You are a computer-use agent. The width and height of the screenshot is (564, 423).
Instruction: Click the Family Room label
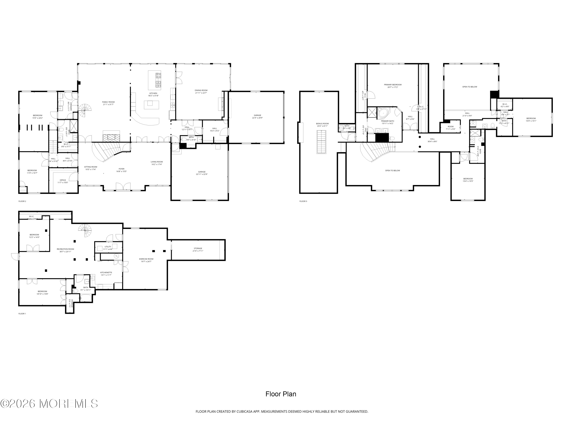coord(108,103)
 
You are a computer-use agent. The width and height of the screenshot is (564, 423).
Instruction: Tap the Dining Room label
coord(201,91)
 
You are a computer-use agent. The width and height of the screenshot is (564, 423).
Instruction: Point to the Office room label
coord(63,181)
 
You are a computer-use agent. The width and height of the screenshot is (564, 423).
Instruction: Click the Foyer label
coord(121,170)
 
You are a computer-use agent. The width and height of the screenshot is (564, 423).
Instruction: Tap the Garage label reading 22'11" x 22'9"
coord(202,173)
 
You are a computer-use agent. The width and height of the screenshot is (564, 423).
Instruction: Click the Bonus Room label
coord(322,125)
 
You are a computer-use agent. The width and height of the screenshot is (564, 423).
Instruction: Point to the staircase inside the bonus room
coord(321,142)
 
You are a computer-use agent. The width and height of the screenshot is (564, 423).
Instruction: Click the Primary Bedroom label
coord(393,86)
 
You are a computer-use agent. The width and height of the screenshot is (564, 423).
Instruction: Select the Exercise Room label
coord(146,260)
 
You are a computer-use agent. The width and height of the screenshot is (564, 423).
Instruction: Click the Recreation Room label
coord(65,250)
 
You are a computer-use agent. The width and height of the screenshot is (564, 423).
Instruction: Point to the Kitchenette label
coord(106,274)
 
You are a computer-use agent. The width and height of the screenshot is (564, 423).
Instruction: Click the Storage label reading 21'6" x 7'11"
coord(198,249)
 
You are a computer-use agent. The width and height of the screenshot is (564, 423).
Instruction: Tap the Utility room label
coord(108,248)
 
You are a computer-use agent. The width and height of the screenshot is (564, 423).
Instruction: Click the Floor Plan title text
coord(281,394)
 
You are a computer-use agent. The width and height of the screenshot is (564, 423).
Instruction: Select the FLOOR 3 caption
coord(303,201)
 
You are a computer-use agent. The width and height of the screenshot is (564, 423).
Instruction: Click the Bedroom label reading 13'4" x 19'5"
coord(468,180)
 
